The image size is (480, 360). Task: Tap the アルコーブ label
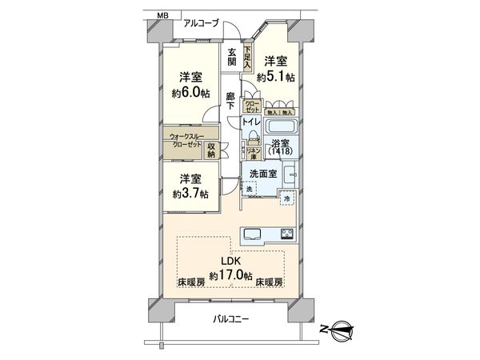(x=201, y=24)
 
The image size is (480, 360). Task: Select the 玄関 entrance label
(x=231, y=56)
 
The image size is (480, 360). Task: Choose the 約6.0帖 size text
(x=190, y=93)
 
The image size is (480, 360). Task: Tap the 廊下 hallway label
(x=230, y=102)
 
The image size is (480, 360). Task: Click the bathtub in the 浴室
(x=281, y=128)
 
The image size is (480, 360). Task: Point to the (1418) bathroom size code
(x=281, y=150)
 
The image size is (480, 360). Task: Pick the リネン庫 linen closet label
(x=251, y=153)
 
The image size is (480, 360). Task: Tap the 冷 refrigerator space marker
(x=287, y=198)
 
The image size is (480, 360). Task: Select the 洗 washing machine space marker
(x=249, y=189)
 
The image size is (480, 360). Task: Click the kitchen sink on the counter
(x=251, y=234)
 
